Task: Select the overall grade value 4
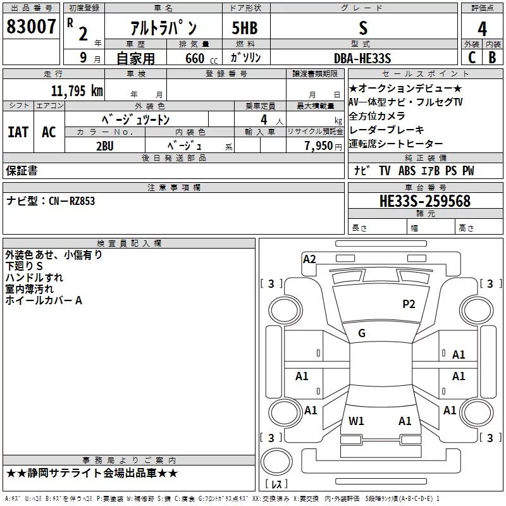(482, 29)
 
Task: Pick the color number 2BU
(106, 145)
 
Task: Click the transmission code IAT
(18, 132)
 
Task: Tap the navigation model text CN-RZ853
(72, 201)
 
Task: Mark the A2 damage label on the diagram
(309, 259)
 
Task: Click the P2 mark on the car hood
(409, 304)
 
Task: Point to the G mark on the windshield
(362, 333)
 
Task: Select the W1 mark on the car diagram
(356, 421)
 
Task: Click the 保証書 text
(22, 170)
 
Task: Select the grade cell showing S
(362, 29)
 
